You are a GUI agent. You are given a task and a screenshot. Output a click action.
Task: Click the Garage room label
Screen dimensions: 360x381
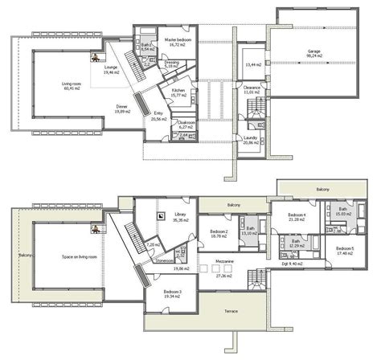[313, 51]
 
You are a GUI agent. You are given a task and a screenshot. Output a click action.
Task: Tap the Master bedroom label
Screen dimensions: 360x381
[178, 39]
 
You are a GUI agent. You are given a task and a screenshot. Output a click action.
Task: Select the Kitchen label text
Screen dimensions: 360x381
[178, 90]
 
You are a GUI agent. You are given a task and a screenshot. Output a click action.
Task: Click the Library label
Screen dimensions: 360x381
[180, 215]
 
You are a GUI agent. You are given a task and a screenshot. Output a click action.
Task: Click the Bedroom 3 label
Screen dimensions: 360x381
[173, 292]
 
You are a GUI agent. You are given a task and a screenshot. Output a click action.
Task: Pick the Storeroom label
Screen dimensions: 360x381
[165, 260]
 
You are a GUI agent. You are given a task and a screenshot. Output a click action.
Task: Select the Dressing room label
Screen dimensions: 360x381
[172, 62]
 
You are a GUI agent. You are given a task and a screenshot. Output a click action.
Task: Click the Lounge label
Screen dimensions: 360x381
[111, 67]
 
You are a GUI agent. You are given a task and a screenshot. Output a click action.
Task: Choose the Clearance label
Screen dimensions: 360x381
[252, 88]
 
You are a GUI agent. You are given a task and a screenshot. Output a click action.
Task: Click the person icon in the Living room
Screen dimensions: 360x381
[95, 58]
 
